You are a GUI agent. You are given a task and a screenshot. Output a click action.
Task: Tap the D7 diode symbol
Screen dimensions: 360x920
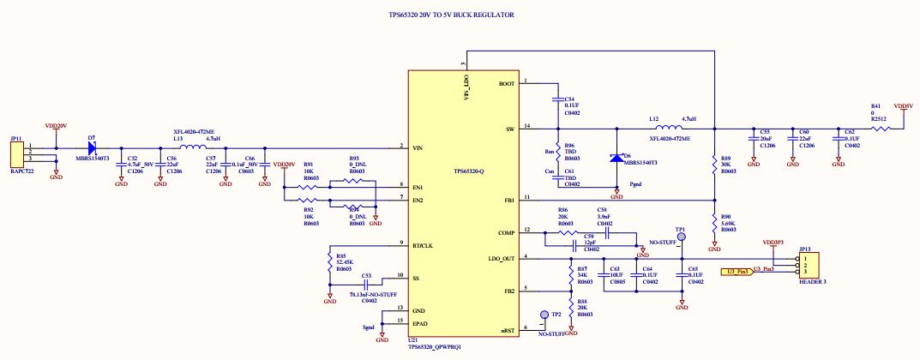92,147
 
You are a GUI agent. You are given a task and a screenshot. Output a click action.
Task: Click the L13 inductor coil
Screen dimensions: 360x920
186,147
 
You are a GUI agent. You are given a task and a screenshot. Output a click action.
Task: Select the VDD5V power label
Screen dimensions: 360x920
903,106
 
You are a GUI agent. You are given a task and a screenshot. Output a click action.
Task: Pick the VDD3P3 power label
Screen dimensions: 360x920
773,243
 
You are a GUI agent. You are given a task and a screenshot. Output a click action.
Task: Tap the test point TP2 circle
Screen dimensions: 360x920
544,315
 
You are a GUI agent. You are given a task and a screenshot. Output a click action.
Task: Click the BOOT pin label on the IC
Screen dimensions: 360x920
506,84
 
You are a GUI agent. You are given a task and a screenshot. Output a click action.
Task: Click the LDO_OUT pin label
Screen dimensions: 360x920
502,258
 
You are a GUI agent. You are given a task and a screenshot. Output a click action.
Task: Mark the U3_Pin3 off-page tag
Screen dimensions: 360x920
738,271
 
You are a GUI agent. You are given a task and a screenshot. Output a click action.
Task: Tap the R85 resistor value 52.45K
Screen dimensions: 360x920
346,261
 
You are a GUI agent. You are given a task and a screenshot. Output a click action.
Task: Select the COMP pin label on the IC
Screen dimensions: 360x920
505,231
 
